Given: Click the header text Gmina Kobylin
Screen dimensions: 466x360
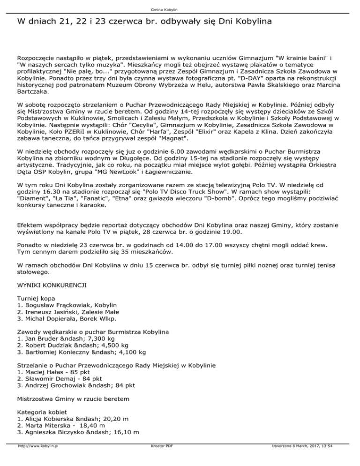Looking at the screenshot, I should click(180, 9).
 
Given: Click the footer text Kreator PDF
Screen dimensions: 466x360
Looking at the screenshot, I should click(159, 460).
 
